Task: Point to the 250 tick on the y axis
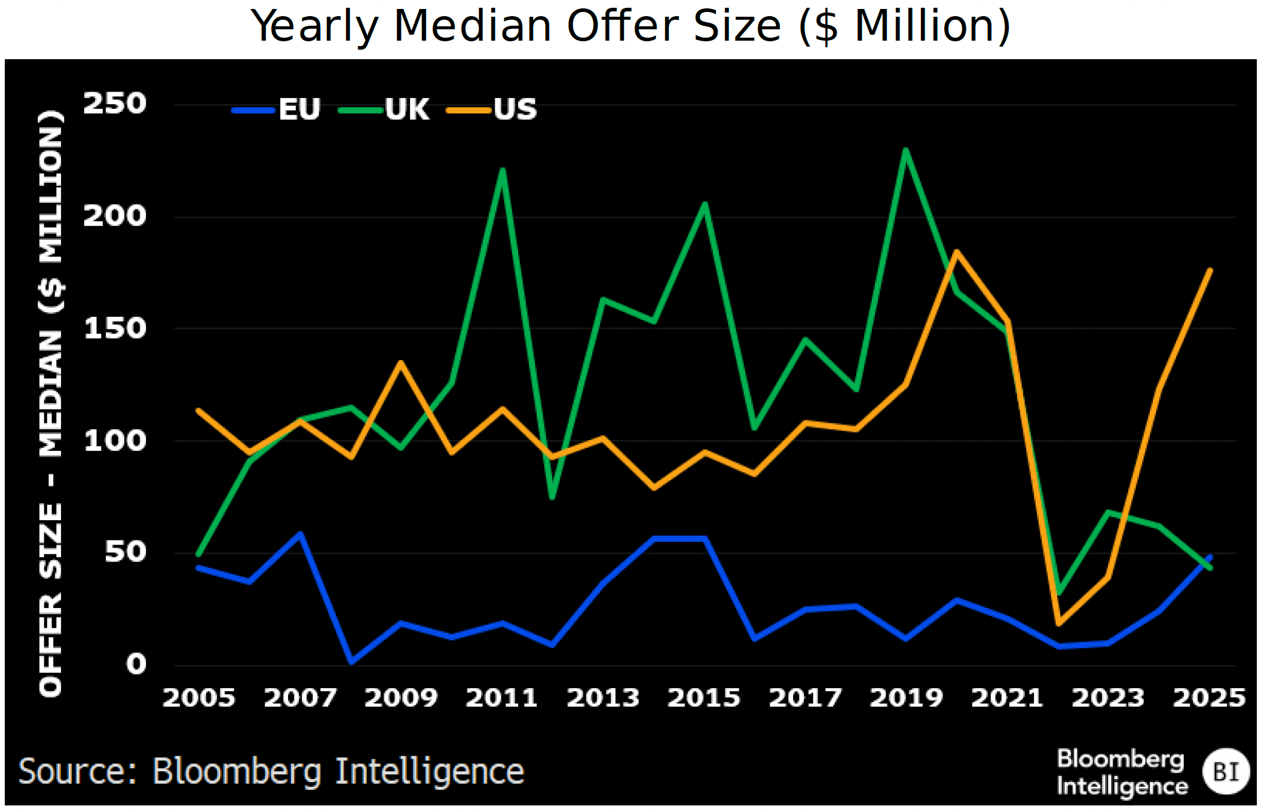(x=114, y=103)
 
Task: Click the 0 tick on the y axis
(x=136, y=664)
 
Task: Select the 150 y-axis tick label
(x=114, y=328)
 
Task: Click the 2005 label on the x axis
(x=199, y=698)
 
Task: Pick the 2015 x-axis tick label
(x=704, y=698)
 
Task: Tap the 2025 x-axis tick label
(x=1209, y=698)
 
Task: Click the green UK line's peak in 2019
(x=906, y=150)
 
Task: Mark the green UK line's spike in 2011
(x=503, y=170)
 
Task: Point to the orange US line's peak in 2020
(x=957, y=252)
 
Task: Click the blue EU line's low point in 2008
(x=351, y=662)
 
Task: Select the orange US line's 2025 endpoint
(x=1210, y=270)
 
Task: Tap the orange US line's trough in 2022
(x=1058, y=624)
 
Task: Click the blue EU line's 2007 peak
(x=300, y=533)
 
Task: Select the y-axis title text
(x=51, y=403)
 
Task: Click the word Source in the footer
(x=78, y=771)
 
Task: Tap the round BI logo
(x=1226, y=771)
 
